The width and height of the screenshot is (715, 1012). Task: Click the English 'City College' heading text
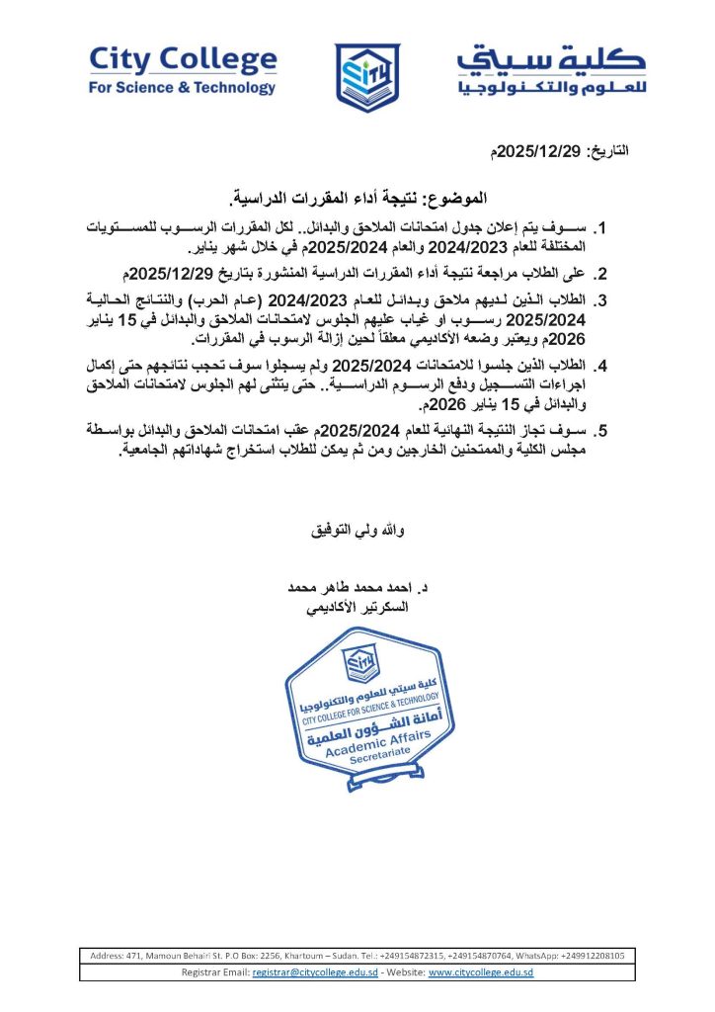(183, 61)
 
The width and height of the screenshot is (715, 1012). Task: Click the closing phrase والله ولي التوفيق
(358, 530)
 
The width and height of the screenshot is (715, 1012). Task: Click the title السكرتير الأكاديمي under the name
(358, 607)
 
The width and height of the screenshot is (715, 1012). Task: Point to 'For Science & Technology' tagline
(183, 87)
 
